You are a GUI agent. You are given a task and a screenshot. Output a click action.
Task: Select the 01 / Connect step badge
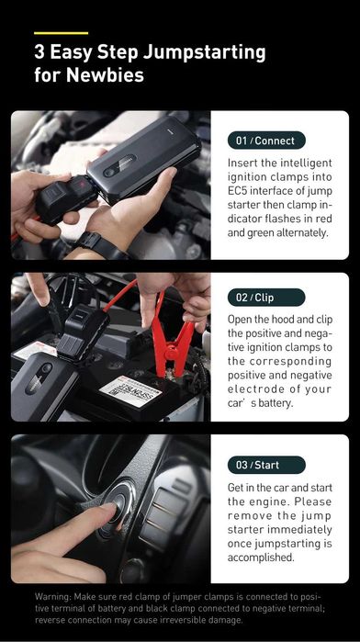coord(265,141)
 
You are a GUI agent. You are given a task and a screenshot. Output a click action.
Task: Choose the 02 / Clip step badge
coord(265,298)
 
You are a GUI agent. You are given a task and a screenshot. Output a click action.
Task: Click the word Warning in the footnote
coord(52,595)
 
